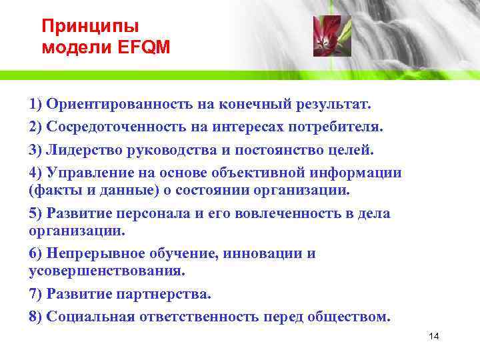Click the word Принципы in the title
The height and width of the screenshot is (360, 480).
point(90,27)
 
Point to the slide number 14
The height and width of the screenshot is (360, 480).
point(434,336)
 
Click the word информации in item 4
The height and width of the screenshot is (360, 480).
point(357,173)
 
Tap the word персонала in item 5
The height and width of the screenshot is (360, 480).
point(142,213)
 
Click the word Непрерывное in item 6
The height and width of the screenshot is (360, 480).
point(91,254)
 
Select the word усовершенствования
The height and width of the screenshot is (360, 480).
point(107,271)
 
